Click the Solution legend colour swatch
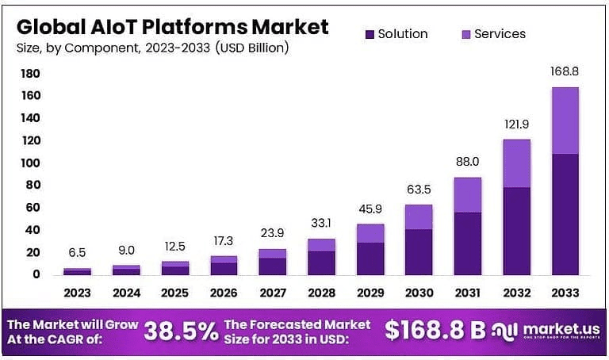click(x=370, y=34)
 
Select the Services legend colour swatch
click(x=465, y=34)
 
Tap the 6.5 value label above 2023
click(x=77, y=253)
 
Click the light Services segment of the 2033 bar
click(x=565, y=121)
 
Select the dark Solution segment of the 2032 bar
click(x=516, y=231)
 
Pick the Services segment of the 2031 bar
click(x=467, y=195)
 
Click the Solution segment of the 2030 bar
click(x=419, y=251)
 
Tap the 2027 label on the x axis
click(x=272, y=293)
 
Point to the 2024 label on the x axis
click(x=126, y=293)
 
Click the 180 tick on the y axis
click(x=31, y=74)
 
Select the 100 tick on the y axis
click(x=31, y=163)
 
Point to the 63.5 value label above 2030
click(x=419, y=190)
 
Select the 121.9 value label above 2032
click(x=516, y=125)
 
